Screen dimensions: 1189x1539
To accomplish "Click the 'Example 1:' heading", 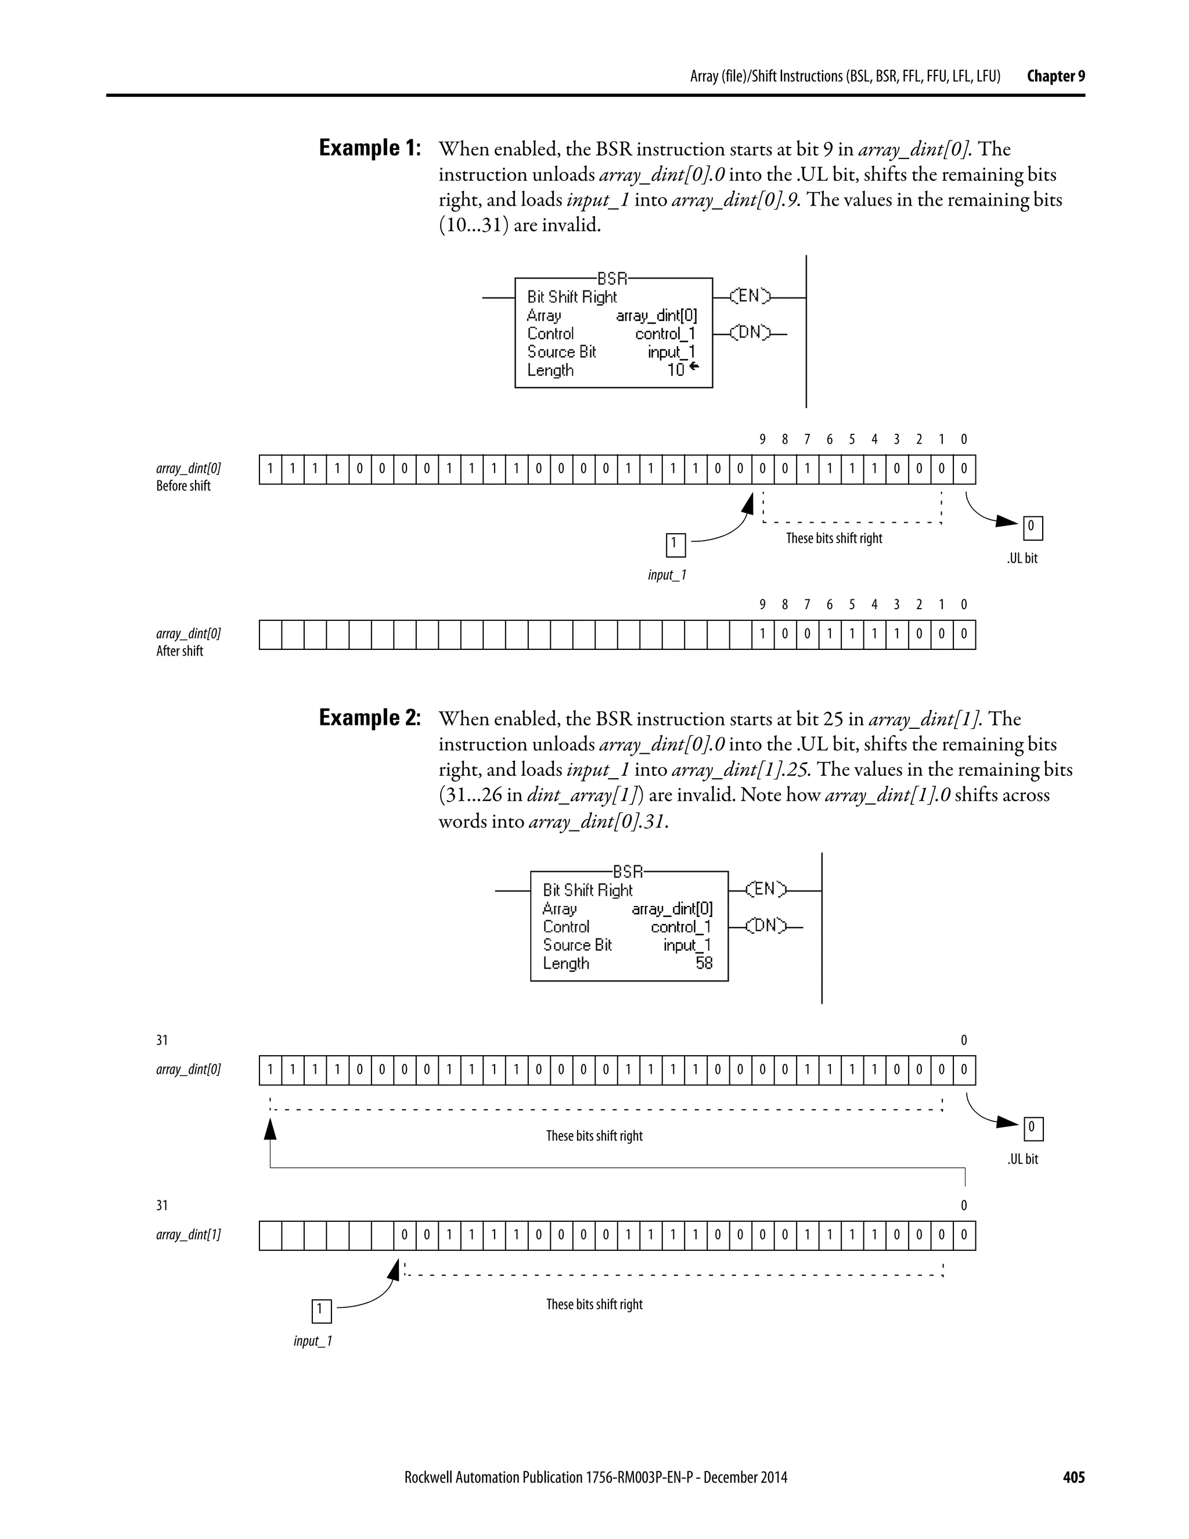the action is [x=370, y=149].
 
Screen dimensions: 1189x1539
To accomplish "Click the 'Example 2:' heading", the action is [x=370, y=718].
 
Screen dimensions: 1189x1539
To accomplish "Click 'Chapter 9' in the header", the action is [x=1055, y=76].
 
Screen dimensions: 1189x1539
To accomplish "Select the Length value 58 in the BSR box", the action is [x=704, y=963].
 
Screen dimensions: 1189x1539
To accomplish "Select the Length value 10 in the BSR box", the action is [x=676, y=370].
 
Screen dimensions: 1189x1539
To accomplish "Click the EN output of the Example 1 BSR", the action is [x=749, y=297].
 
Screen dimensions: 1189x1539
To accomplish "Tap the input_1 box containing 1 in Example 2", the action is [x=320, y=1311].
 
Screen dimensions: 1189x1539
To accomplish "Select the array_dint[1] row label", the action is [x=188, y=1235].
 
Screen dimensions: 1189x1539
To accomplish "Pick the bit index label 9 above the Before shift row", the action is [x=762, y=440].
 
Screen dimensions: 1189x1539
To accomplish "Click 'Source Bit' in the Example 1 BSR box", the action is [x=561, y=351].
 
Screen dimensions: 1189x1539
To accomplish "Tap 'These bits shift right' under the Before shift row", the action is [x=834, y=538].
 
